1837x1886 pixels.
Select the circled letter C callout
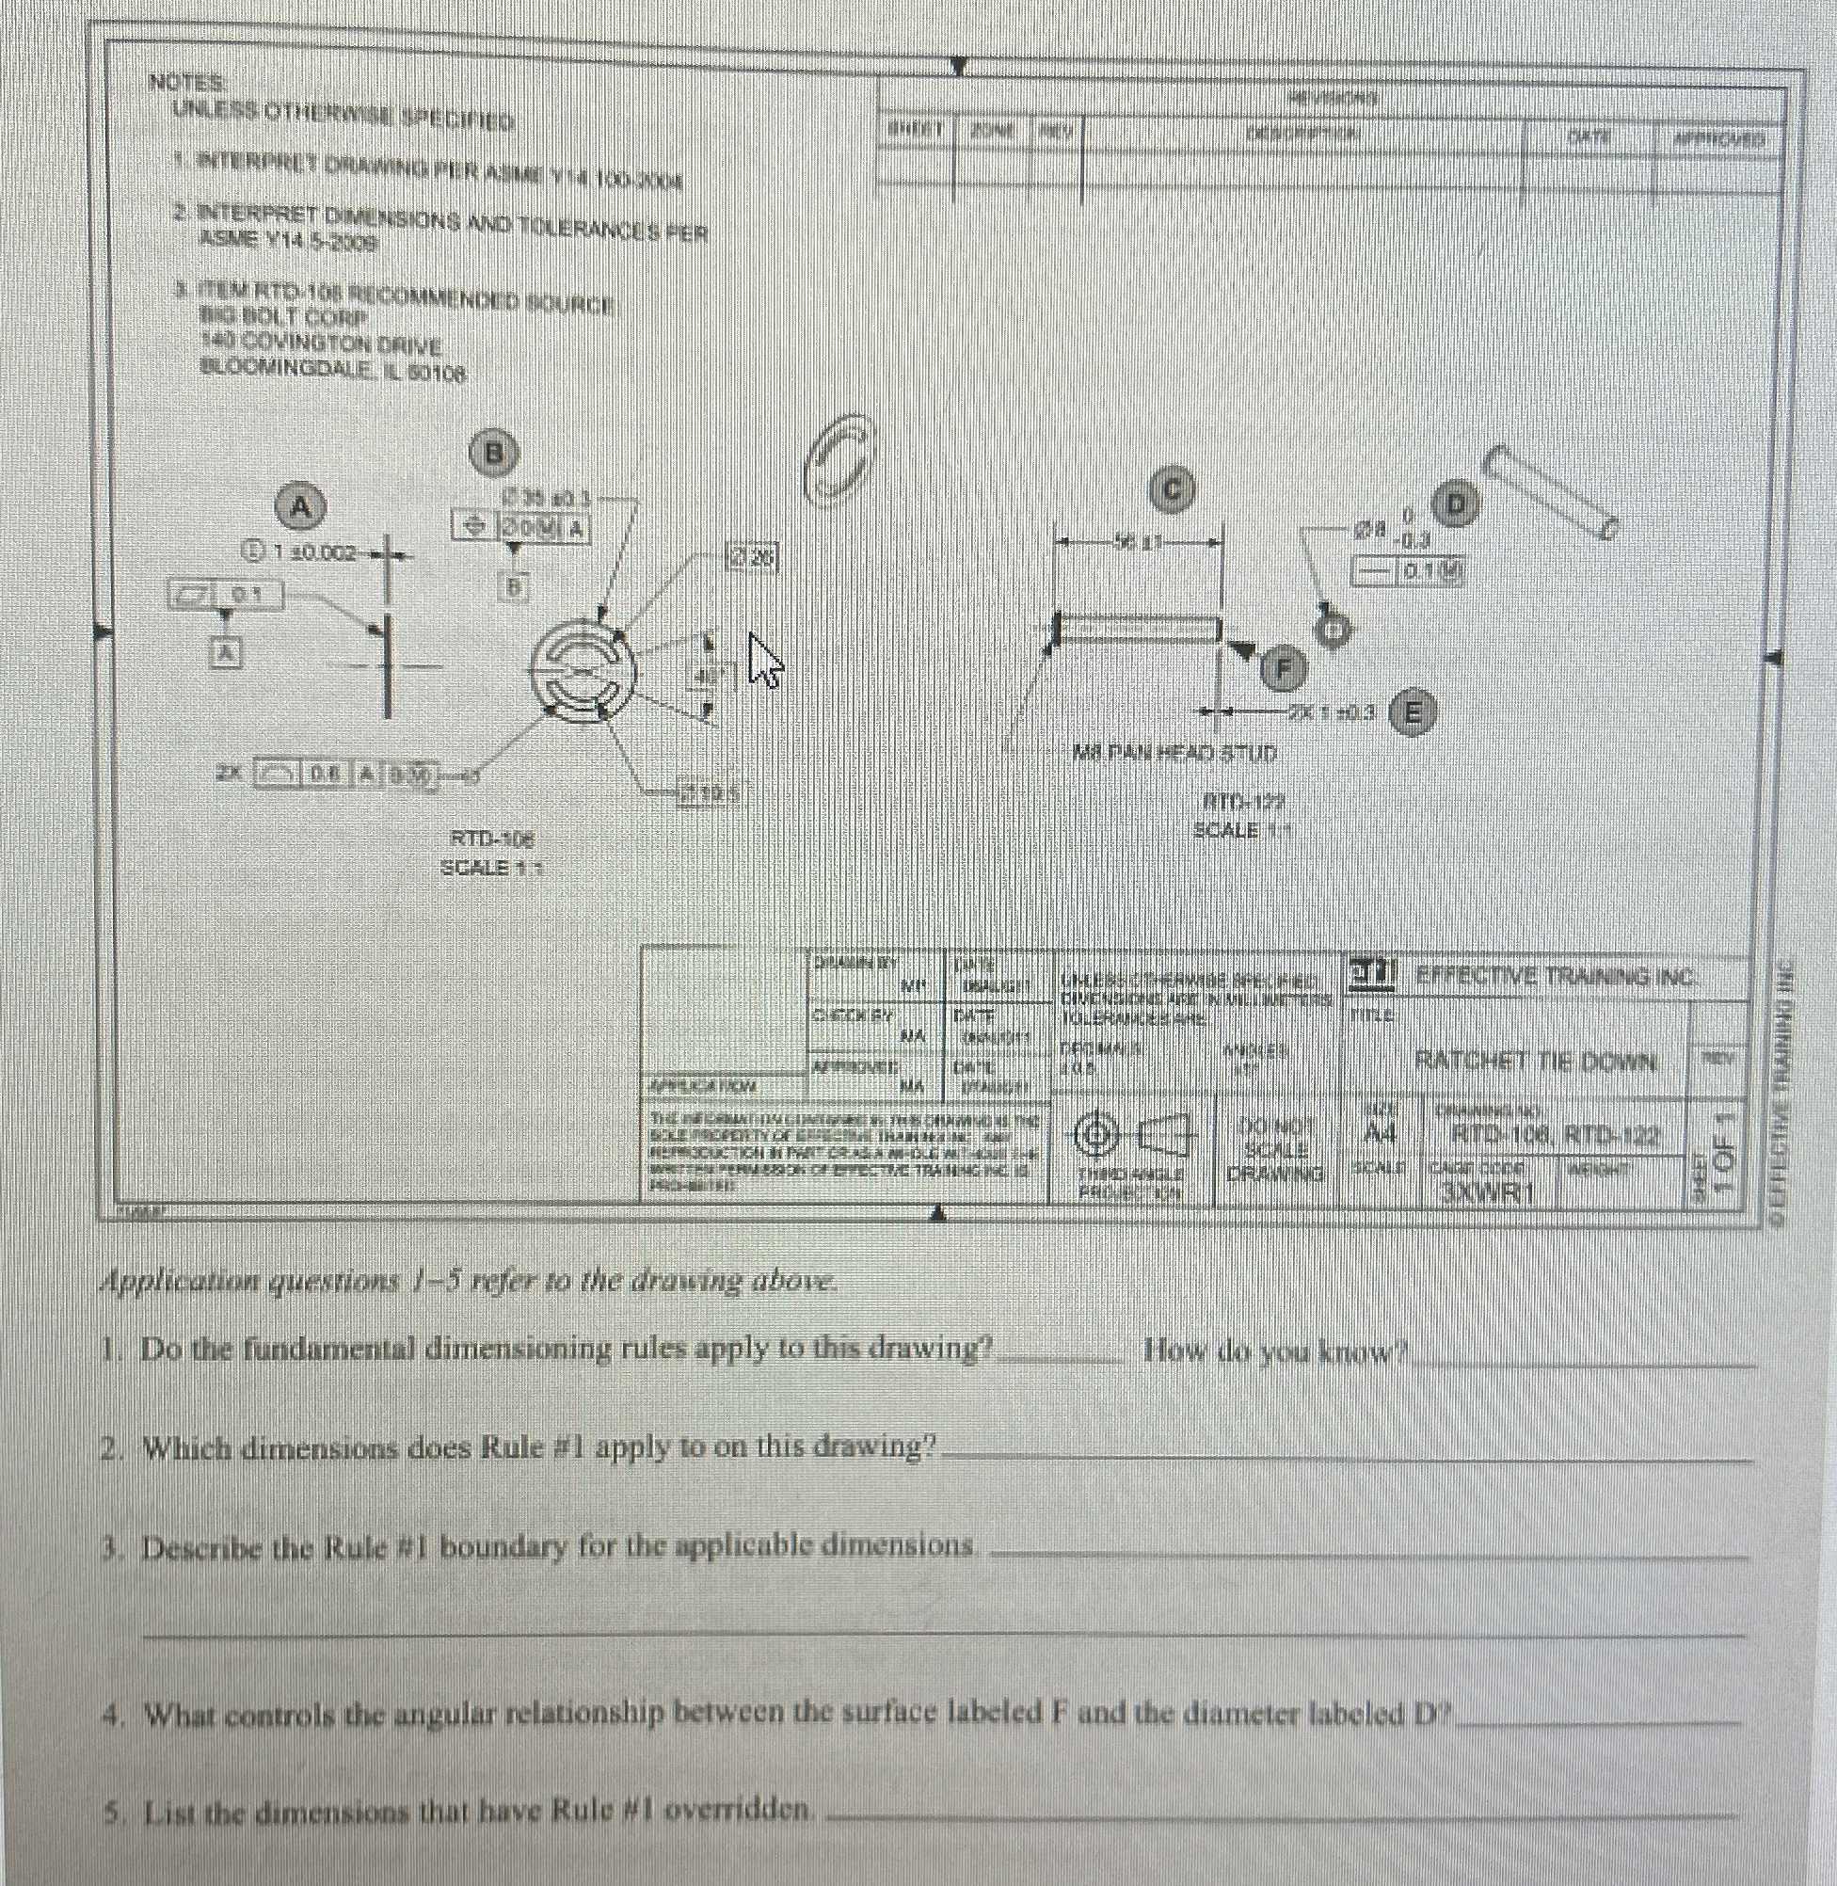[1171, 490]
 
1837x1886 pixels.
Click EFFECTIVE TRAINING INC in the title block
[1555, 976]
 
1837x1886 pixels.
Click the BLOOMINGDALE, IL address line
[334, 368]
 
